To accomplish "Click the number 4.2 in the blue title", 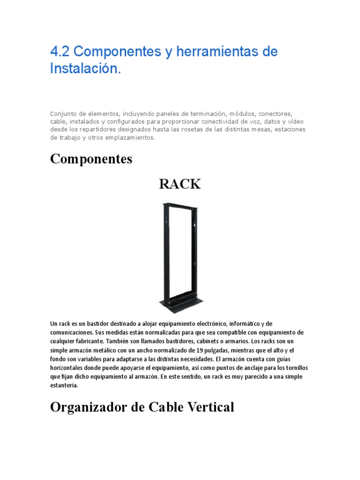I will tap(60, 52).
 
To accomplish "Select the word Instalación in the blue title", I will tap(85, 68).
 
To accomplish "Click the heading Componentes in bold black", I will tap(91, 159).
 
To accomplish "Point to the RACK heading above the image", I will tap(180, 184).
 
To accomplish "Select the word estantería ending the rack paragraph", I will tap(65, 386).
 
